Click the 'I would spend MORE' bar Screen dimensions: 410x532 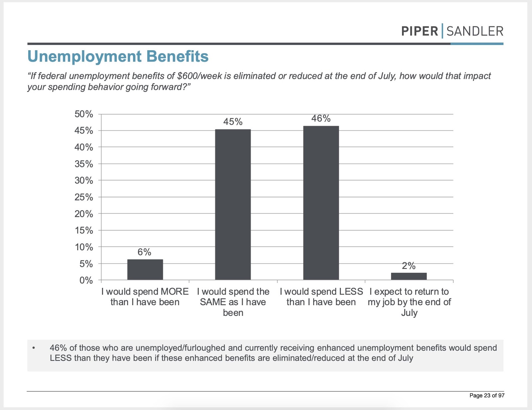[145, 270]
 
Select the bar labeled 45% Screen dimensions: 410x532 [233, 204]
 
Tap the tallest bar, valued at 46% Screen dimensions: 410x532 [321, 203]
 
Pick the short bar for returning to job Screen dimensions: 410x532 [409, 276]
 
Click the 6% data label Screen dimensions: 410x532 [144, 252]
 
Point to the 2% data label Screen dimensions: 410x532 [409, 266]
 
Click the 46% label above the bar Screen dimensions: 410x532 [321, 118]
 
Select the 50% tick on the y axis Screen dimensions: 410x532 [83, 114]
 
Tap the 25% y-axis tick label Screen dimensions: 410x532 [83, 197]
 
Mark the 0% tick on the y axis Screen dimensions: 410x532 [86, 280]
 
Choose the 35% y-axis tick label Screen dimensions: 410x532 [83, 164]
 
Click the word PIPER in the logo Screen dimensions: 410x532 [420, 31]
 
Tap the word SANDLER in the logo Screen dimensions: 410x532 [475, 31]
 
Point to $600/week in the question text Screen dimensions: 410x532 [200, 76]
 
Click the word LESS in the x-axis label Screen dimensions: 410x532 [351, 292]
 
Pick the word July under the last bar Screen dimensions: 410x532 [409, 313]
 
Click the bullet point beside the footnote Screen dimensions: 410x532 [34, 348]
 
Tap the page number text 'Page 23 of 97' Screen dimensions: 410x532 [487, 395]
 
